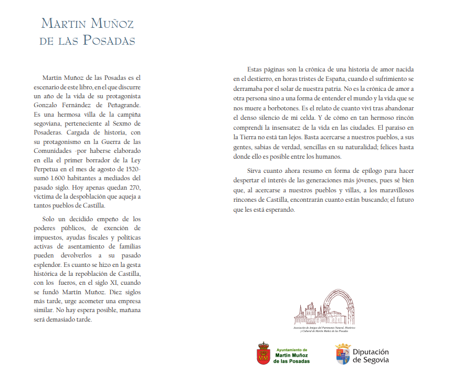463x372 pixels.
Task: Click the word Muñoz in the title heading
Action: (112, 24)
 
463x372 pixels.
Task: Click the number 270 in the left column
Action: (132, 188)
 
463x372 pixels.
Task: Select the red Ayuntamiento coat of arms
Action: (263, 353)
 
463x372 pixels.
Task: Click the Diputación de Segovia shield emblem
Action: (343, 354)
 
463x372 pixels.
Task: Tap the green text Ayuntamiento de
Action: (291, 349)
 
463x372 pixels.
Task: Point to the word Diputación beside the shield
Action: (371, 352)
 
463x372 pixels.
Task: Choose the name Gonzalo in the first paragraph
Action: (48, 106)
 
